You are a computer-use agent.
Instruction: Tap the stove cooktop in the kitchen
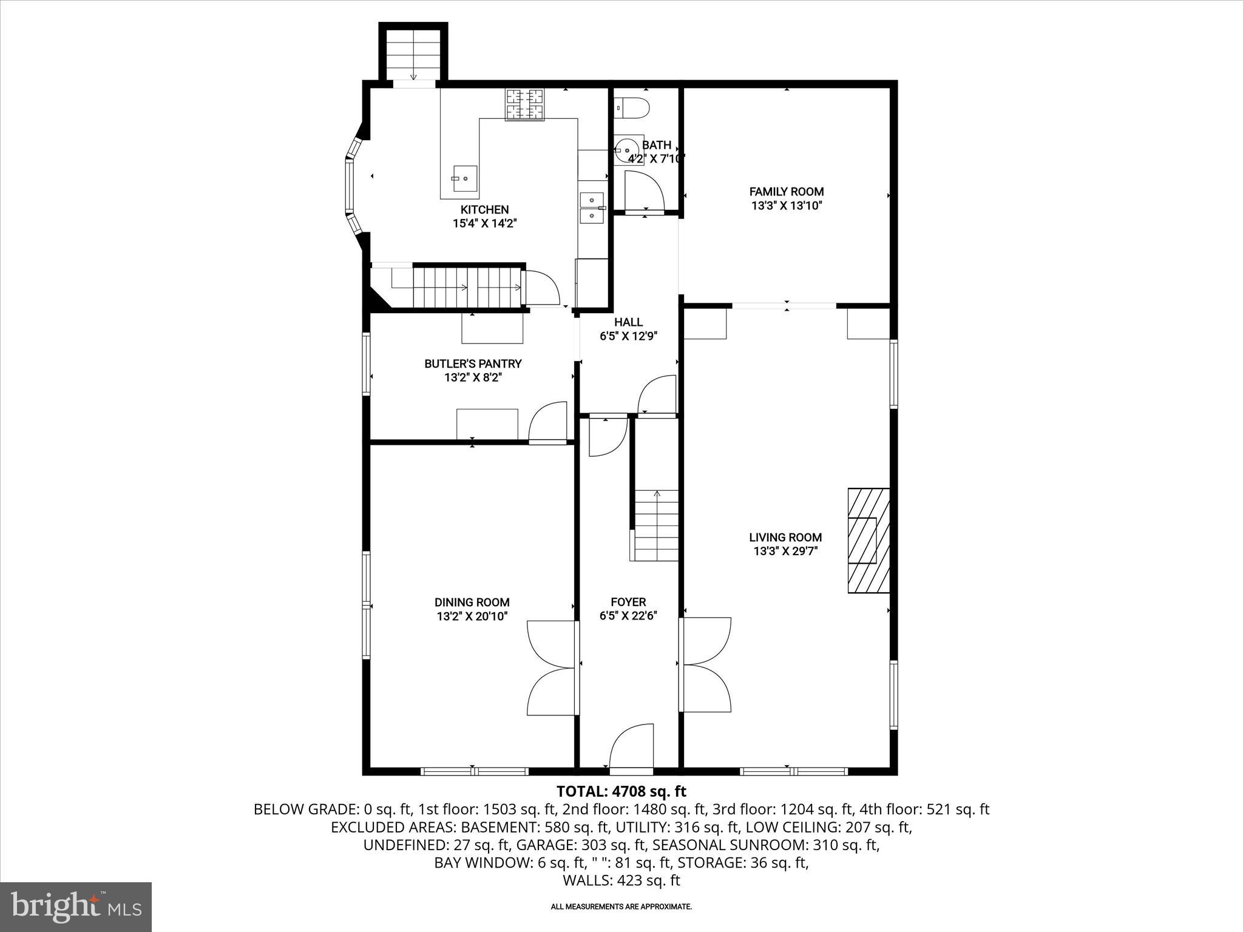click(525, 104)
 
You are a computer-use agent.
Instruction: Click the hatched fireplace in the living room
click(868, 540)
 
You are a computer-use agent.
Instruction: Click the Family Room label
click(786, 192)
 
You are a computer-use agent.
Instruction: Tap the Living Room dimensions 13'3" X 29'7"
click(785, 551)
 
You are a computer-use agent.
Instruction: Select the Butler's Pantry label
click(473, 363)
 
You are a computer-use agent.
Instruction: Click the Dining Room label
click(472, 602)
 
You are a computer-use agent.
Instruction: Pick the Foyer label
click(628, 602)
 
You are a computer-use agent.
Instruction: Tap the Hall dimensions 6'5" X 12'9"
click(628, 336)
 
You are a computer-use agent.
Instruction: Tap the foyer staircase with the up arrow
click(656, 525)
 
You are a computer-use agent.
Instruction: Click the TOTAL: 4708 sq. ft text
click(621, 791)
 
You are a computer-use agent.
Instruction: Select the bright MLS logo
click(76, 907)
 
